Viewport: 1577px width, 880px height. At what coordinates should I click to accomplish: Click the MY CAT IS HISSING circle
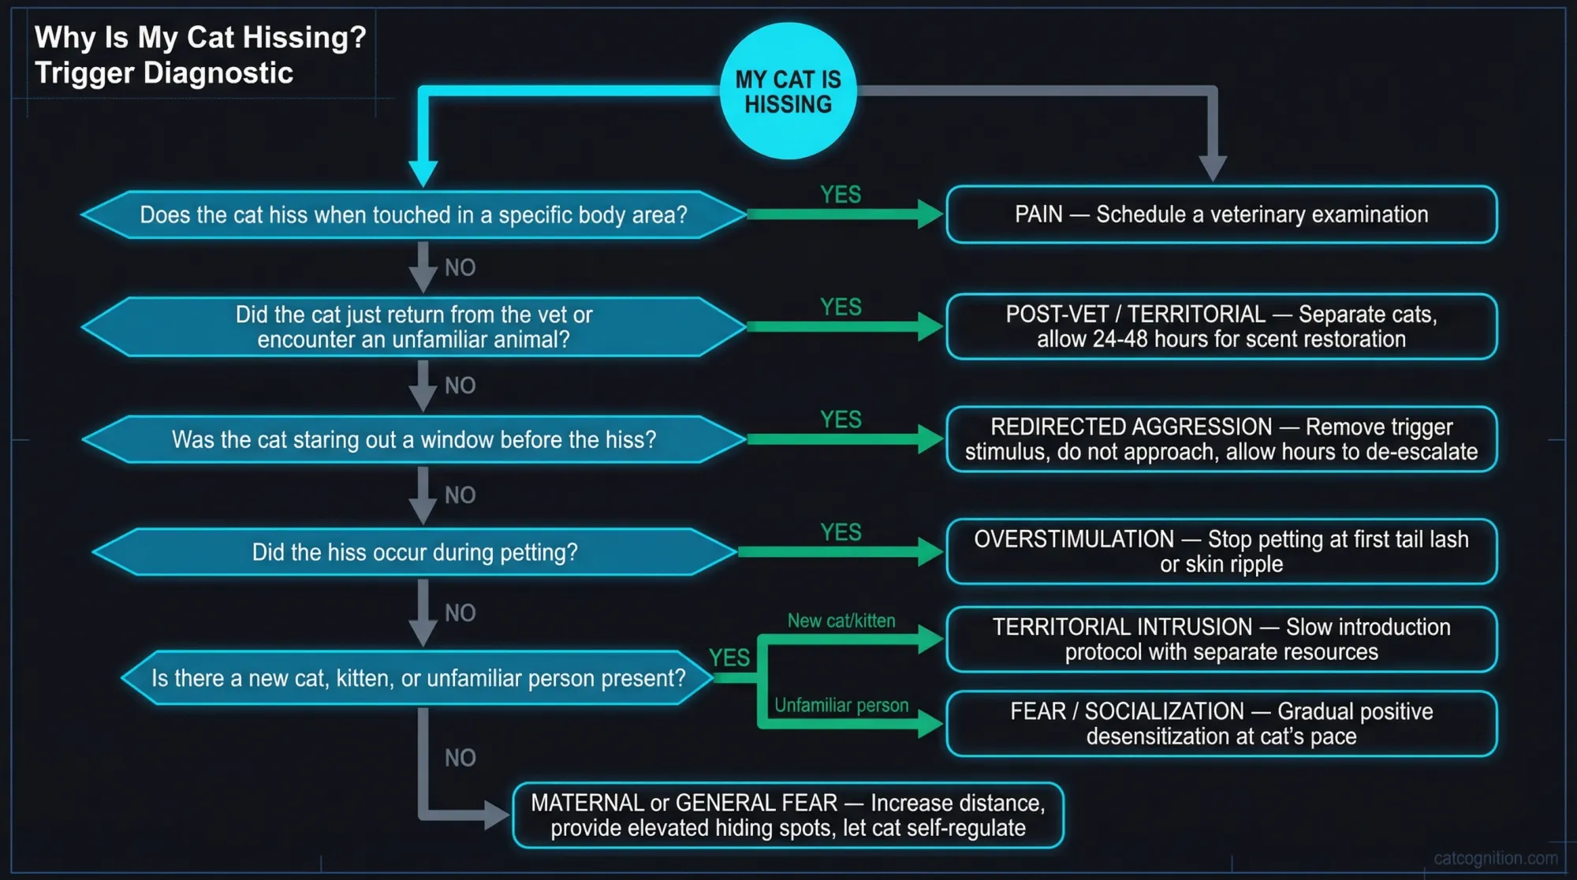coord(788,91)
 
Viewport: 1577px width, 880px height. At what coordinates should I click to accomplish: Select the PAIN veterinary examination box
coord(1221,214)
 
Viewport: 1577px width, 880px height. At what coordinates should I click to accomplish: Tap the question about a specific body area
coord(413,214)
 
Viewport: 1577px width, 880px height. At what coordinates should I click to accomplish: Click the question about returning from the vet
coord(413,326)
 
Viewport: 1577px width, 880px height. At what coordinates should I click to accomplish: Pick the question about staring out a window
coord(413,439)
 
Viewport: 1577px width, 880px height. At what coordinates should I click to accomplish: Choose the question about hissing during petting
coord(414,552)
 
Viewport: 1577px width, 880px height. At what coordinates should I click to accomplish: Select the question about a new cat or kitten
coord(418,678)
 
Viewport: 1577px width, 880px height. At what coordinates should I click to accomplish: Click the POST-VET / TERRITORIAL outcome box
coord(1221,326)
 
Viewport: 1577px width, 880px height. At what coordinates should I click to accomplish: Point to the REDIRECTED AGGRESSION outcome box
coord(1221,439)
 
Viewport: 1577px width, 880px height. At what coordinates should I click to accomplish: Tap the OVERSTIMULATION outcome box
coord(1221,552)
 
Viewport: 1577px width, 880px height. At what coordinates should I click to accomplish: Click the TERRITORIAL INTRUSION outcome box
coord(1221,639)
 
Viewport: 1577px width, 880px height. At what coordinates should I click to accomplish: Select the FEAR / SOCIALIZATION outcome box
coord(1221,724)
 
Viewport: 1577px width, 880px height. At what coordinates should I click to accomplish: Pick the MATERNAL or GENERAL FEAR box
coord(788,815)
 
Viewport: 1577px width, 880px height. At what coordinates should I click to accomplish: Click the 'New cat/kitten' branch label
coord(841,621)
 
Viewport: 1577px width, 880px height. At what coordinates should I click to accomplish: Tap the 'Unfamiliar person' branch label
coord(841,706)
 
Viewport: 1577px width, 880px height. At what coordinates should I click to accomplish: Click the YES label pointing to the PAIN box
coord(841,195)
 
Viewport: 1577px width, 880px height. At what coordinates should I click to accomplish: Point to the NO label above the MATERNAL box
coord(460,758)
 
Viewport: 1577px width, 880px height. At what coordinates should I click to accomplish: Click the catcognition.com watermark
coord(1495,858)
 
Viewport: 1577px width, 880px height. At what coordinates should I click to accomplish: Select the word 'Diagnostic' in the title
coord(218,73)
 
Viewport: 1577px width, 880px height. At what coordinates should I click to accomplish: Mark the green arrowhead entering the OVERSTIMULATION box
coord(930,552)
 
